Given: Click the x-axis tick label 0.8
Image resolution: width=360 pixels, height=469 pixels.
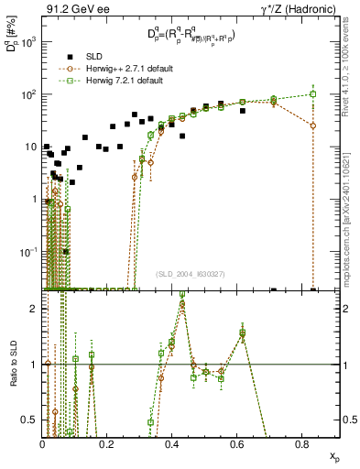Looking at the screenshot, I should tap(303, 444).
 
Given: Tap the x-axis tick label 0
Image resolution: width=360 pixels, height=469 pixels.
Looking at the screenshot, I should tap(43, 444).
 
